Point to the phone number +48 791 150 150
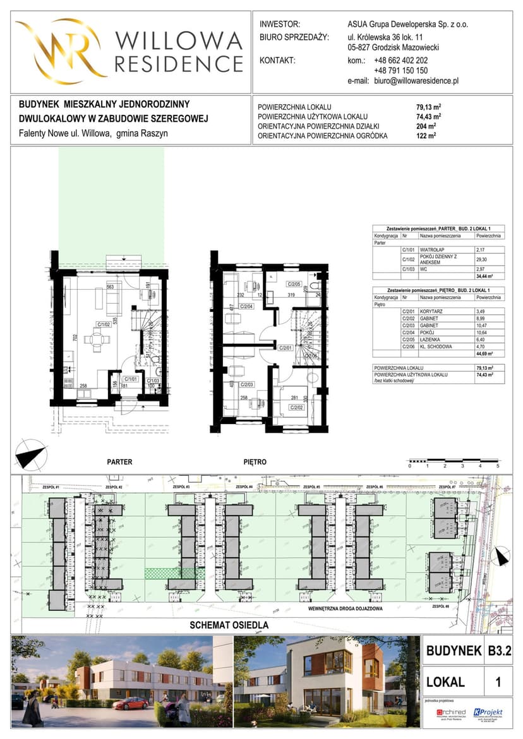400,71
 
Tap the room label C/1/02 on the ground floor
105,326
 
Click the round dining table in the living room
97,340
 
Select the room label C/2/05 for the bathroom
295,284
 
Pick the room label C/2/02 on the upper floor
298,408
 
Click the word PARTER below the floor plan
119,462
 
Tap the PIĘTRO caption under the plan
255,462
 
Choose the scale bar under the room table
454,461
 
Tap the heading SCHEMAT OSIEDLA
229,625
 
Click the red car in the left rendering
131,702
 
